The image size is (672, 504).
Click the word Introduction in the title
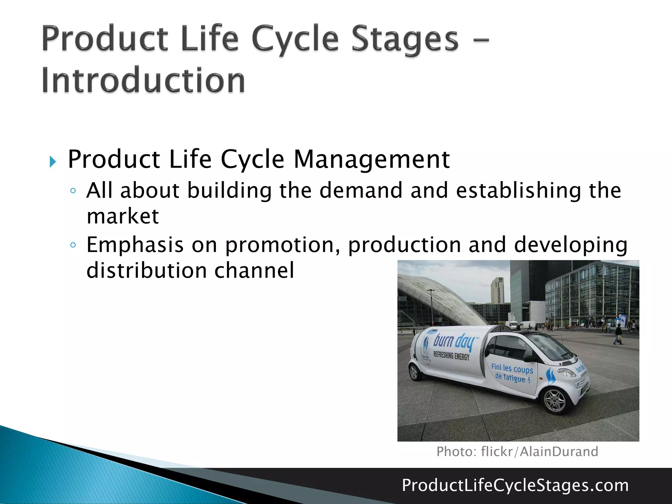[x=143, y=80]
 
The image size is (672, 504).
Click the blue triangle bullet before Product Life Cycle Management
[x=52, y=162]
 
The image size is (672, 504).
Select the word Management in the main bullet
[x=371, y=159]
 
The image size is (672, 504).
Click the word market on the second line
[x=123, y=216]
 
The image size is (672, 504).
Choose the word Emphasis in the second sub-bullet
[x=135, y=245]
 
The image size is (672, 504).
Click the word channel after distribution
[x=254, y=270]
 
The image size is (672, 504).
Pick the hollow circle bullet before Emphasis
[x=73, y=245]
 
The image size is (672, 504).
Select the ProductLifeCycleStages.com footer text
[x=515, y=485]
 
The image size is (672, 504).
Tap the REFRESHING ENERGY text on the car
[x=451, y=355]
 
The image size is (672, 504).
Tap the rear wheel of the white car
[x=415, y=372]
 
